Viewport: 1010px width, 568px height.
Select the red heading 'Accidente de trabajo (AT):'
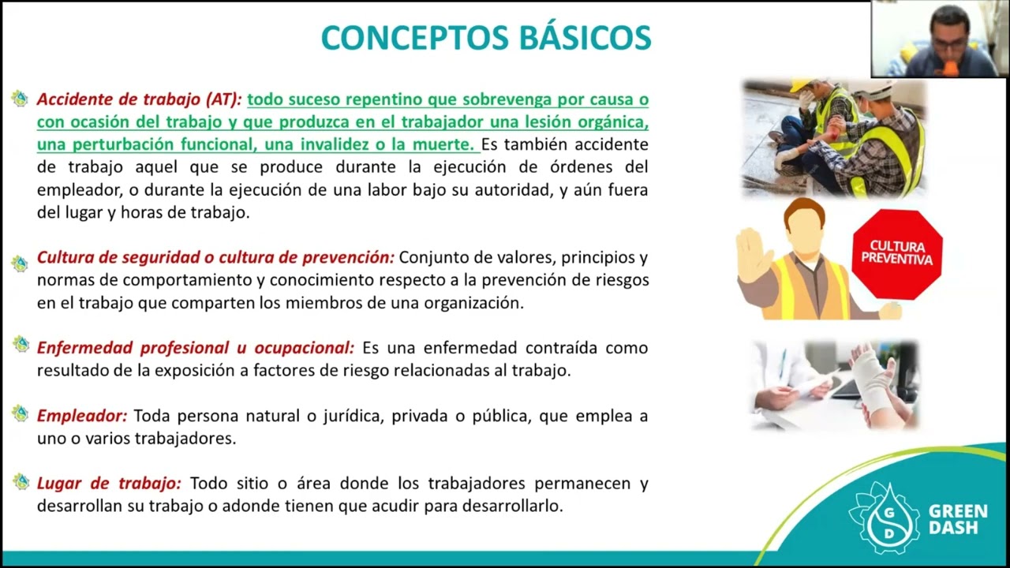point(140,100)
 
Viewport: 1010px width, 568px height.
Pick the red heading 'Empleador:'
point(82,416)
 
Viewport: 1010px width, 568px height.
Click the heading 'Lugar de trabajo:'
point(109,484)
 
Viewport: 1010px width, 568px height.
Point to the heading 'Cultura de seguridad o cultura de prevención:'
point(215,258)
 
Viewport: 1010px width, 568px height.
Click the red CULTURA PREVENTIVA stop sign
point(896,254)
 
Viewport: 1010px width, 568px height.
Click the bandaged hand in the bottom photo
point(872,380)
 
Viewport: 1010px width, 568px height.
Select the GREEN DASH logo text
point(957,520)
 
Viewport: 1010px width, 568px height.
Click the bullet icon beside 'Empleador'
point(20,413)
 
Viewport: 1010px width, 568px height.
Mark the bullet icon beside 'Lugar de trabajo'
point(20,481)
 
